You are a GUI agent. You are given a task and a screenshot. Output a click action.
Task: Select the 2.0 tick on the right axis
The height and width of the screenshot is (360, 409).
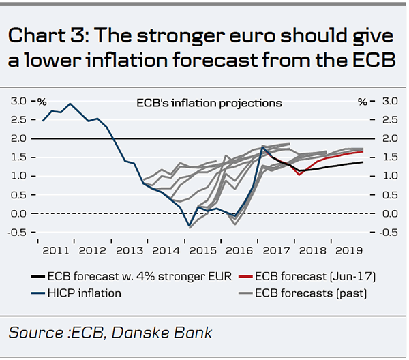(x=389, y=138)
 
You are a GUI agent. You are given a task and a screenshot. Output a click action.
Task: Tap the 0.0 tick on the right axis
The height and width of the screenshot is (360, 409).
(x=389, y=213)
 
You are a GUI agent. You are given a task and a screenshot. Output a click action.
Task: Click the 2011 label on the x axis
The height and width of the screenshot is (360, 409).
(x=56, y=250)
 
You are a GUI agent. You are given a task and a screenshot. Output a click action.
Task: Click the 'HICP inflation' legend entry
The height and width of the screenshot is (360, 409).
(x=85, y=293)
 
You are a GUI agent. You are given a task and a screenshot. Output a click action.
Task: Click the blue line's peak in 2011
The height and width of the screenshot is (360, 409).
(x=70, y=104)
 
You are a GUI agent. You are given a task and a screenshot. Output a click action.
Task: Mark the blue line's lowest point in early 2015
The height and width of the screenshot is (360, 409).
(x=190, y=226)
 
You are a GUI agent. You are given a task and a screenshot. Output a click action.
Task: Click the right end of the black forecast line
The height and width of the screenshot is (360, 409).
(x=362, y=162)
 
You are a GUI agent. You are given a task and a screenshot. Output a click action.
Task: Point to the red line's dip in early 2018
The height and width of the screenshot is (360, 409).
(x=299, y=175)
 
